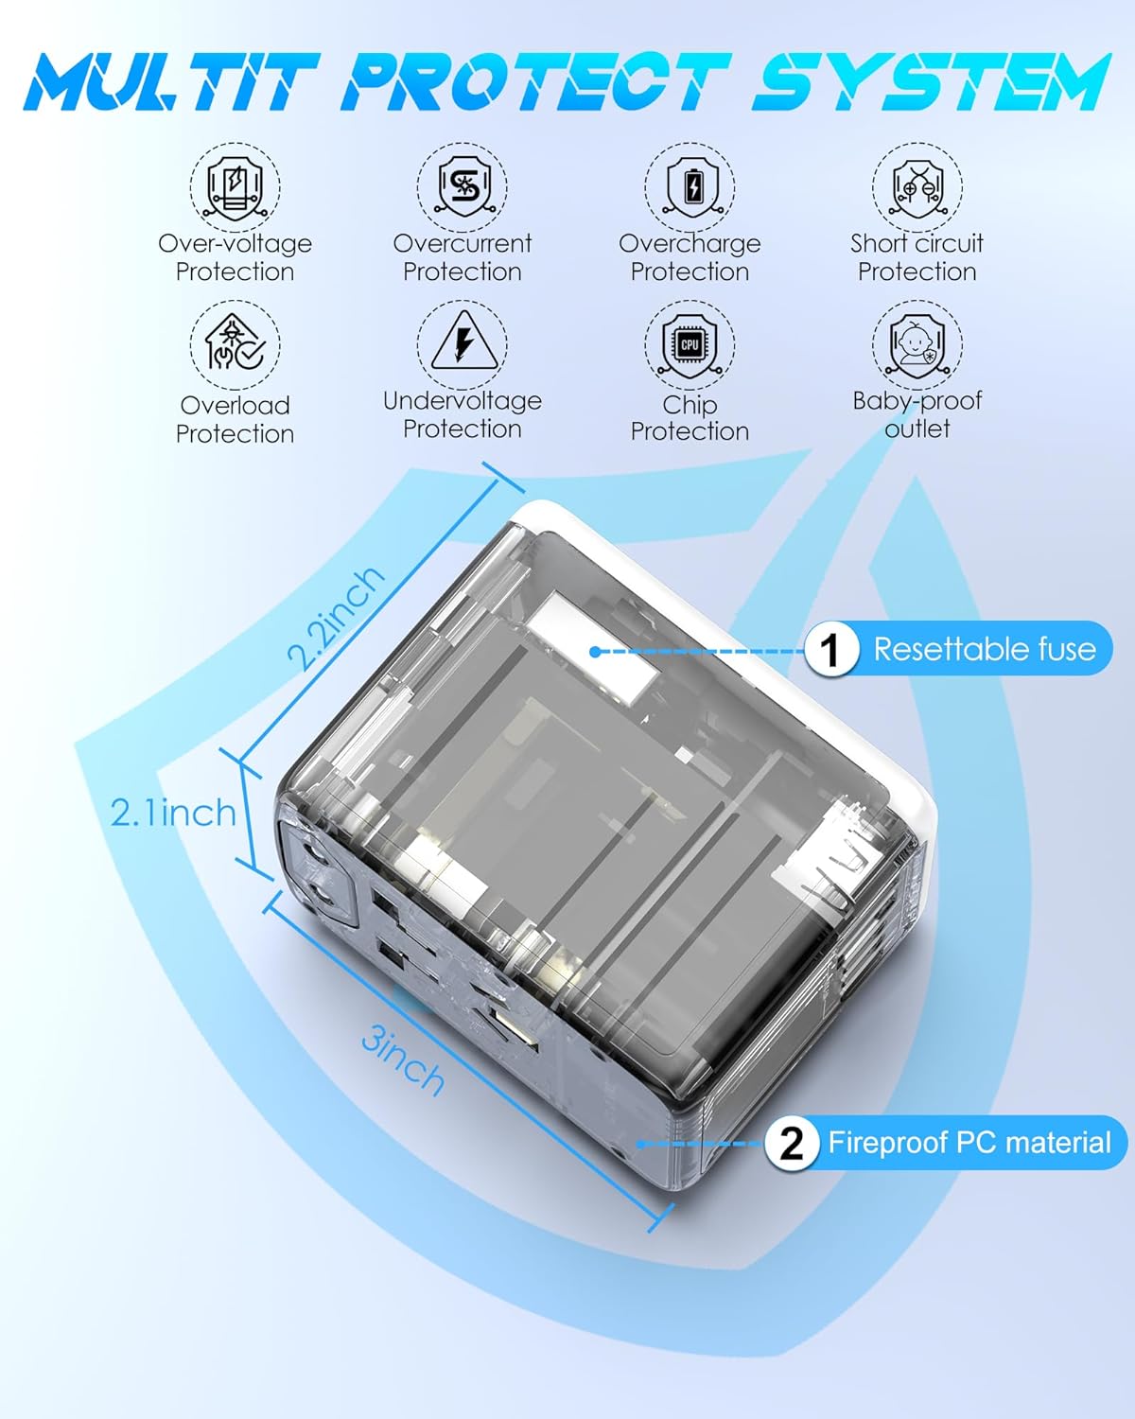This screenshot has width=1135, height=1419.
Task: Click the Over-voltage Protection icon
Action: click(235, 187)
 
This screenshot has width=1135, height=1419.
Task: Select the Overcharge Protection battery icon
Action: click(690, 187)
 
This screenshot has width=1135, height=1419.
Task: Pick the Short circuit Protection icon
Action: click(917, 187)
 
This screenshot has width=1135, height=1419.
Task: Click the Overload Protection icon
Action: click(235, 345)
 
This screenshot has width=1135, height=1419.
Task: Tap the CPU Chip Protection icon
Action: click(690, 345)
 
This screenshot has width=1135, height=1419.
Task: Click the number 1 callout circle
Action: click(830, 650)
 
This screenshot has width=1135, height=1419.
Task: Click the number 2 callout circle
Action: click(791, 1143)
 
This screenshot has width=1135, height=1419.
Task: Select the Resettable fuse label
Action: click(984, 649)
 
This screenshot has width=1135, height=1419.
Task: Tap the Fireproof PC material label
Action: click(969, 1143)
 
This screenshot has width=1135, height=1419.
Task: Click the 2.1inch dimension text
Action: click(173, 813)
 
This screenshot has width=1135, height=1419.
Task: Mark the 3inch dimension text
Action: click(403, 1063)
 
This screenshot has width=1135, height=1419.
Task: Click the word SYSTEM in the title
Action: click(932, 82)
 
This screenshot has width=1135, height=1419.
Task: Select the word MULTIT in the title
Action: click(170, 82)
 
